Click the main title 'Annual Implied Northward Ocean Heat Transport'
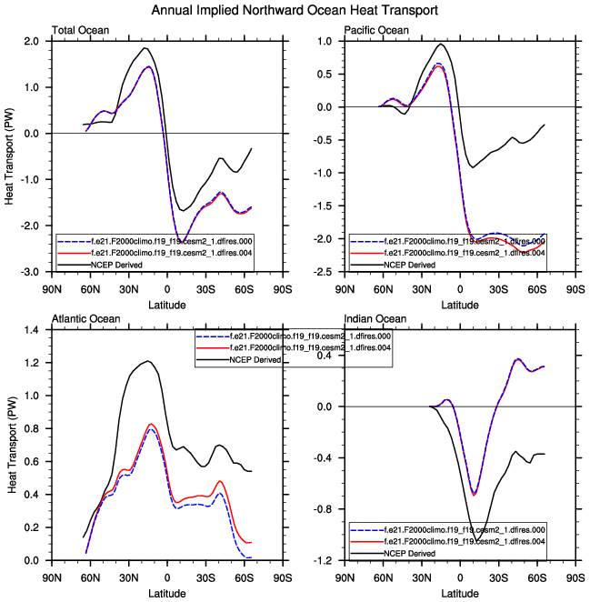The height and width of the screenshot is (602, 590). pos(295,10)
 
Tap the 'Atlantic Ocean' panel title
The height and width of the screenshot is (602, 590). pos(83,318)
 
